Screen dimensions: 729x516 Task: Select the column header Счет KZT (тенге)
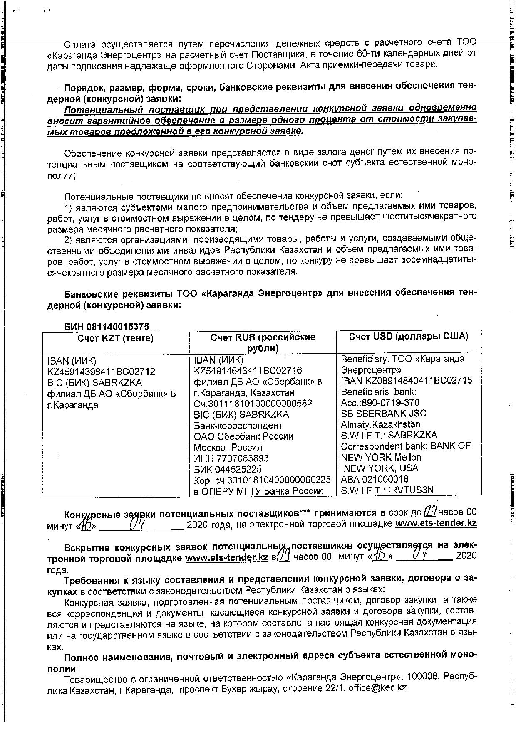point(116,338)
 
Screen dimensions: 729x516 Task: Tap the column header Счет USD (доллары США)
point(409,336)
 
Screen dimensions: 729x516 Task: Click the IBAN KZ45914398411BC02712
point(102,372)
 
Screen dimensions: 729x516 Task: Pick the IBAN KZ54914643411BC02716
point(248,370)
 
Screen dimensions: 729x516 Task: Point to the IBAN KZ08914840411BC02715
point(407,381)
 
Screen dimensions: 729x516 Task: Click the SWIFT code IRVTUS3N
point(410,490)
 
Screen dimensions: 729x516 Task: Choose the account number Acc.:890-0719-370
point(380,402)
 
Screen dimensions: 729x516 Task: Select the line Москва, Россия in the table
point(228,447)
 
